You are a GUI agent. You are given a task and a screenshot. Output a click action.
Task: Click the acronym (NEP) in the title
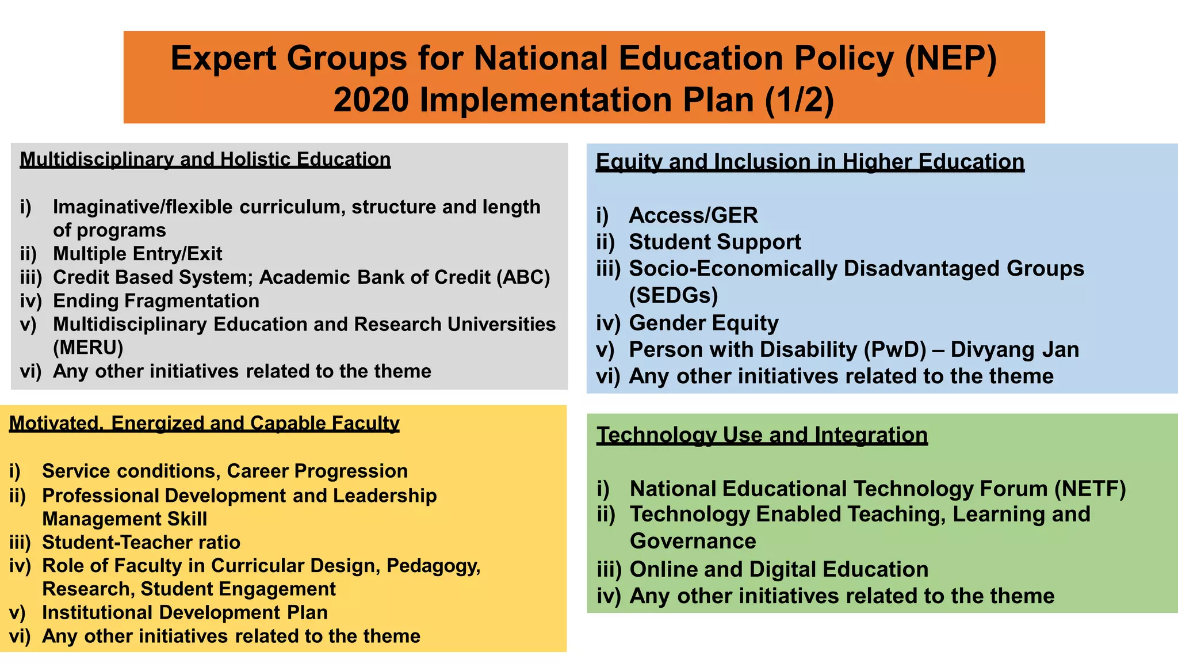951,59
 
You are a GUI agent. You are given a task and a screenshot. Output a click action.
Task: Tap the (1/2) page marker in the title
799,100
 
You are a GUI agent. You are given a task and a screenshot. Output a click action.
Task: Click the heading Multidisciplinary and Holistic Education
205,159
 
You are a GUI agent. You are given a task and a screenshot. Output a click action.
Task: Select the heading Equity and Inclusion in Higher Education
810,162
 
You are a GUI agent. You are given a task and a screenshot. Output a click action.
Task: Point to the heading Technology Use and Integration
762,435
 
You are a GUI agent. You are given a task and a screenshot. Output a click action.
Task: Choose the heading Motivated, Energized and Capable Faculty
204,424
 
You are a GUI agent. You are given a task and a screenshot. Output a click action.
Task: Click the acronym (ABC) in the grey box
526,277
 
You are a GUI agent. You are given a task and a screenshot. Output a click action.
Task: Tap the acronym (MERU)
88,348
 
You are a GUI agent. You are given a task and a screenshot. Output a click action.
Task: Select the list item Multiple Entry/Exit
137,254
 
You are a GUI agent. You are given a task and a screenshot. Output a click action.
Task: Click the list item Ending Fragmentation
156,301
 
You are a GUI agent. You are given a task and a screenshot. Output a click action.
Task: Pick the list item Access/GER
693,215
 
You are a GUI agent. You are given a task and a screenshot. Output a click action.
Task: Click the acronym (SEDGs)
674,296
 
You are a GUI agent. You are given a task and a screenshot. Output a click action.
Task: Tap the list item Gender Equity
703,323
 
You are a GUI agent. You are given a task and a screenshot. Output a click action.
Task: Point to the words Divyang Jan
1015,350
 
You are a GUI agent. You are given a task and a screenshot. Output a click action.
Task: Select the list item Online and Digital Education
779,569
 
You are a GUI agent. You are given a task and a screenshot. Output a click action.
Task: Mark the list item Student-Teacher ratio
141,542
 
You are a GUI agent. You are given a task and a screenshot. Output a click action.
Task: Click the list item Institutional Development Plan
185,612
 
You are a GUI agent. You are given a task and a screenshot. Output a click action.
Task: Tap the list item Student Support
714,242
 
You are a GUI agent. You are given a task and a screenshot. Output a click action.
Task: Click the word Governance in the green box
693,542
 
